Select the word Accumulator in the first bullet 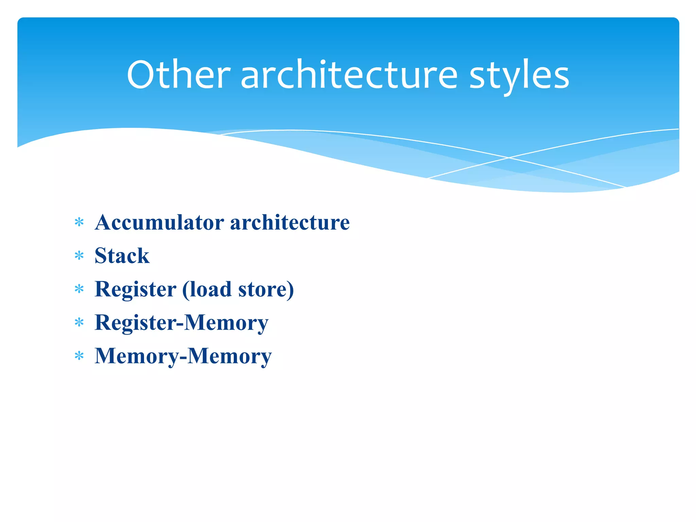[x=159, y=223]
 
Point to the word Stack [x=122, y=256]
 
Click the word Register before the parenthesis [x=135, y=289]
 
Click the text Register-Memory [x=181, y=323]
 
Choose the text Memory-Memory [x=183, y=356]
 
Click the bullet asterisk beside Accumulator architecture [x=79, y=223]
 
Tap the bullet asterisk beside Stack [x=79, y=256]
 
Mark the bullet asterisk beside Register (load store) [x=79, y=289]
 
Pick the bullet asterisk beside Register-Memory [x=79, y=323]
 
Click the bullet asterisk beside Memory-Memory [x=79, y=356]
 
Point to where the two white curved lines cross [x=509, y=158]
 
